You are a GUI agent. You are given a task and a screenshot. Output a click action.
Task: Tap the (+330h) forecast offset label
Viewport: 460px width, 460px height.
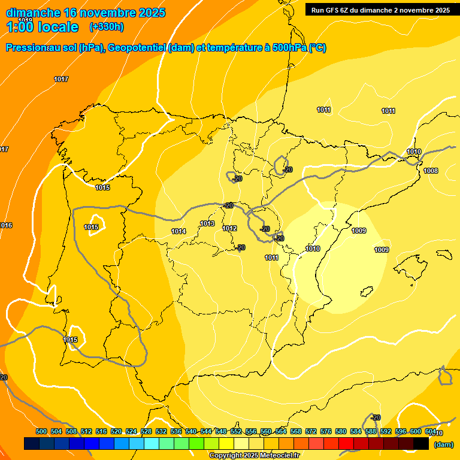tap(107, 27)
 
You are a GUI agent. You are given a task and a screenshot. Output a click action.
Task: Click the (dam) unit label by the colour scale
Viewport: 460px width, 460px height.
tap(444, 444)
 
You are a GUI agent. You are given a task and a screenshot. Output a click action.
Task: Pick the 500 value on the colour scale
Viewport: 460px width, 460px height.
tap(41, 431)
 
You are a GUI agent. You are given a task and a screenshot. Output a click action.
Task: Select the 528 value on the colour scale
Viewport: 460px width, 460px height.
tap(146, 431)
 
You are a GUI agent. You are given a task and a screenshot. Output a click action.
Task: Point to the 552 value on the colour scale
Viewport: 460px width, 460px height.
tap(236, 431)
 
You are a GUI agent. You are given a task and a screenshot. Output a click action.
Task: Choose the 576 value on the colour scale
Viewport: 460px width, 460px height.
tap(326, 431)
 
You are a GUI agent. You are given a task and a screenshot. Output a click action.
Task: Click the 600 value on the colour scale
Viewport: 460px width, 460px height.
tap(416, 431)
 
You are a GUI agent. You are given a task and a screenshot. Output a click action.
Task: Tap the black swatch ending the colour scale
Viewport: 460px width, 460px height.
tap(421, 444)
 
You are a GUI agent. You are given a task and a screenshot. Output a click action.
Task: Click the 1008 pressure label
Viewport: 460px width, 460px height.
tap(431, 171)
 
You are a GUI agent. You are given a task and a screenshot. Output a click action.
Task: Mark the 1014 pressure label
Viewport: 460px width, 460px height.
tap(178, 231)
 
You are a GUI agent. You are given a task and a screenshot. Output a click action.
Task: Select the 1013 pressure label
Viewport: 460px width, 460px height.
tap(207, 223)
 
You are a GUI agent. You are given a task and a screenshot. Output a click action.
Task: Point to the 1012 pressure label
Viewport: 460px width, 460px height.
tap(229, 228)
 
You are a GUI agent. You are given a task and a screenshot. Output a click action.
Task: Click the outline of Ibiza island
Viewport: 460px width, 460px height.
tap(367, 292)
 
